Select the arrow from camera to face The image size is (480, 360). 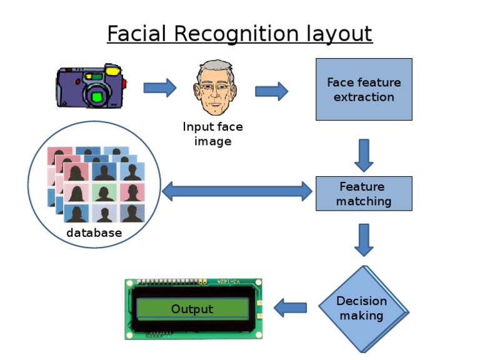160,88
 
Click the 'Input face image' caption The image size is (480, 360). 212,134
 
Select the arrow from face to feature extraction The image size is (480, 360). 271,92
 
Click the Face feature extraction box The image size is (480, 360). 363,89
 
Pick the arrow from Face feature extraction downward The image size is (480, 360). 364,154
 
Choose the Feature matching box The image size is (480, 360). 363,194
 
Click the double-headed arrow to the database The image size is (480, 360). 237,191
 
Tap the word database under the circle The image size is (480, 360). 94,233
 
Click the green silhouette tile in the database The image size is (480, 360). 104,192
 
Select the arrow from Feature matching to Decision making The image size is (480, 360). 364,239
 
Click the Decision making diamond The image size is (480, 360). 362,308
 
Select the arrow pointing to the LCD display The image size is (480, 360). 291,307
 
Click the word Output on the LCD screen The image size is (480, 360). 192,309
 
